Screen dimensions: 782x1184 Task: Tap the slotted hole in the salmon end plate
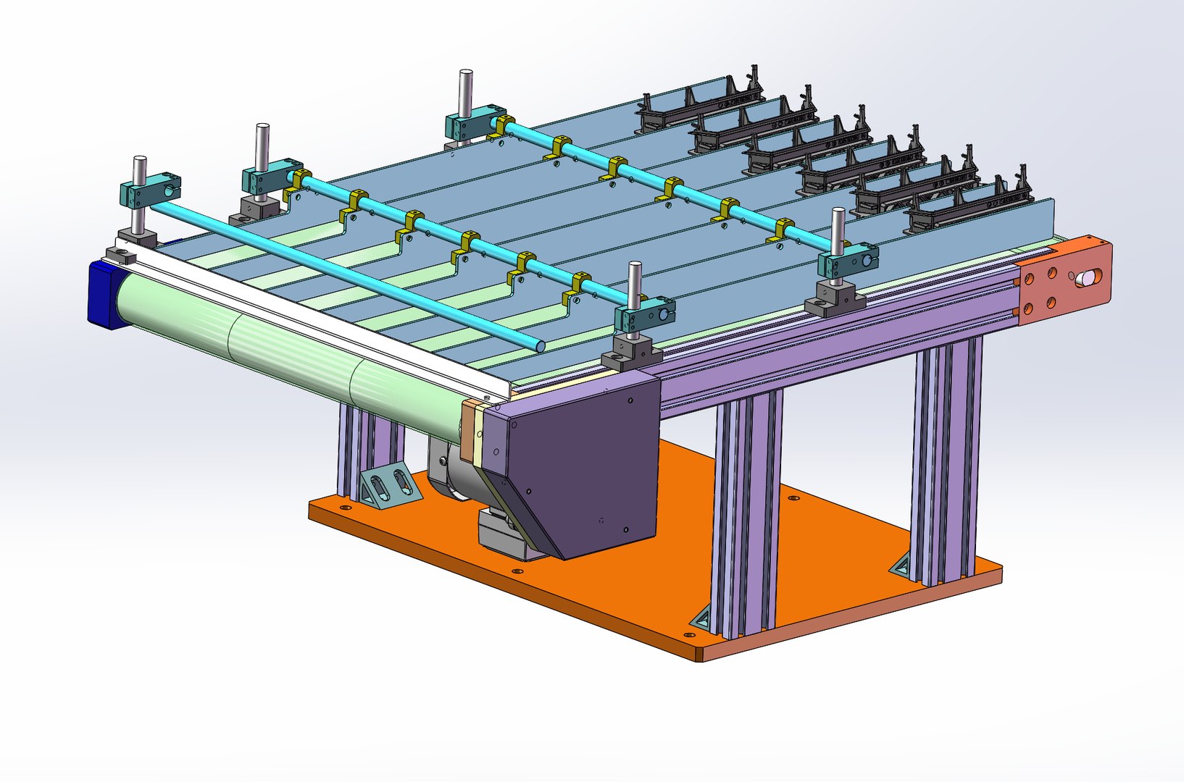click(x=1088, y=277)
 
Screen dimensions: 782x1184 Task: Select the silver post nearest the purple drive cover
click(x=635, y=290)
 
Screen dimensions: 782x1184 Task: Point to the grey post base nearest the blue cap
click(x=120, y=254)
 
